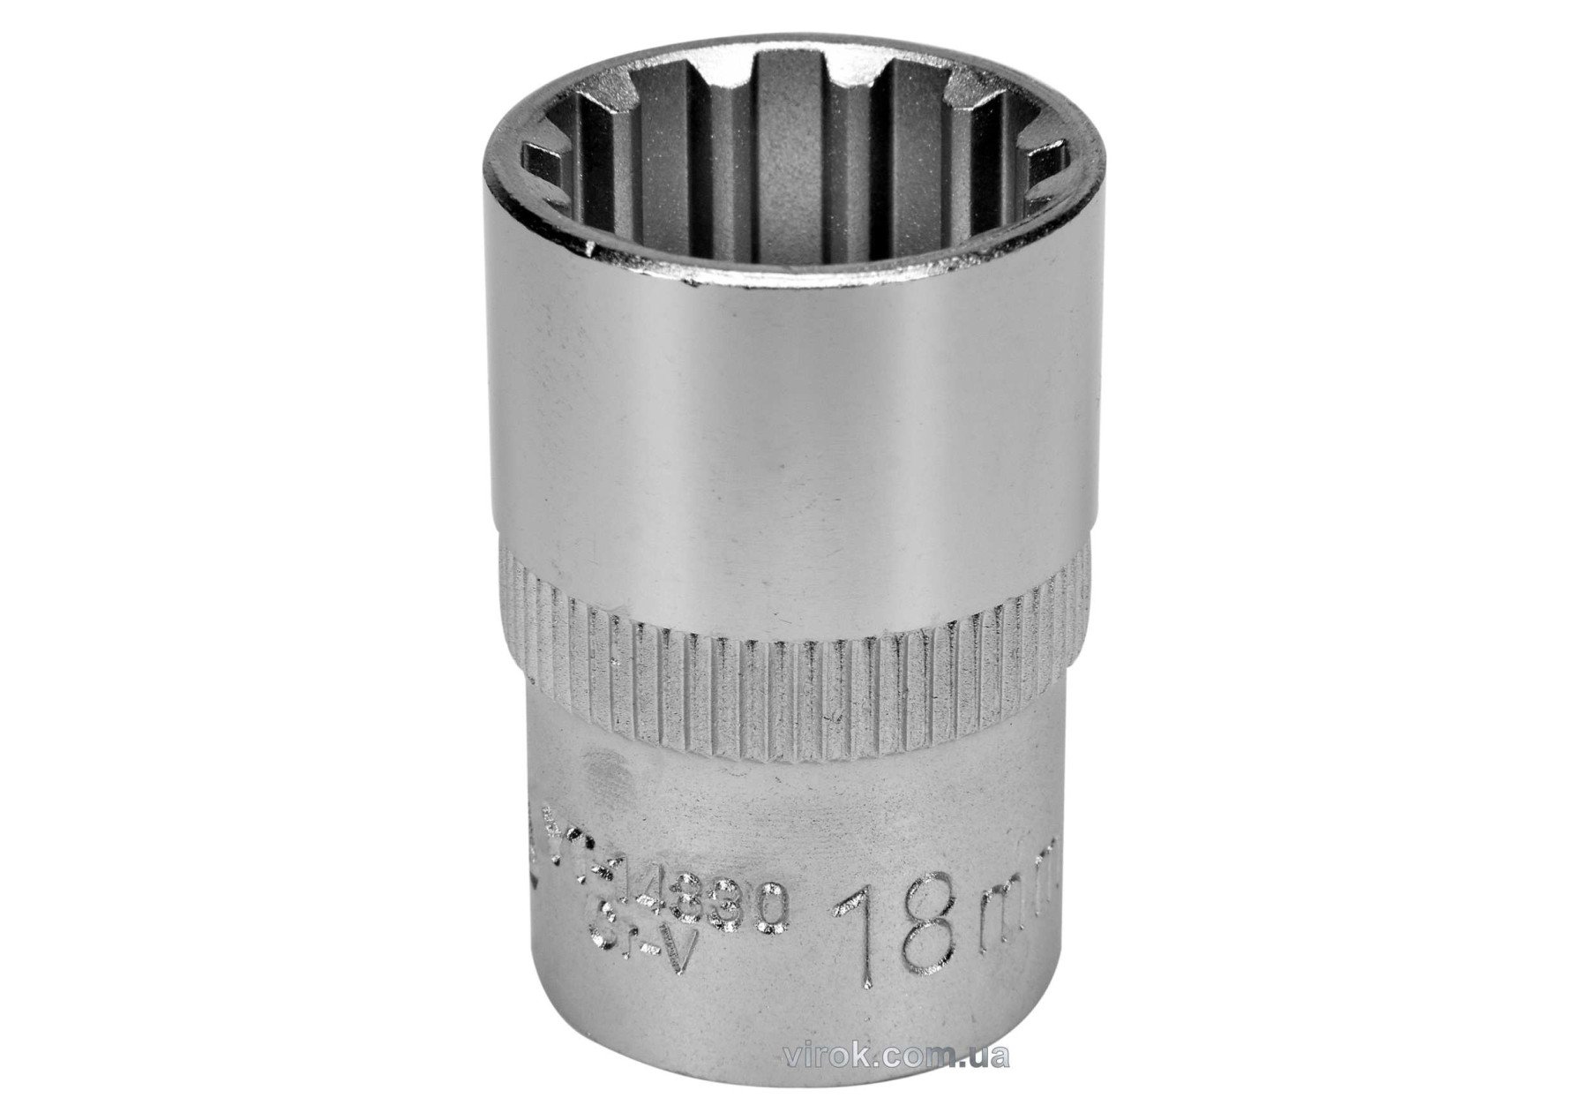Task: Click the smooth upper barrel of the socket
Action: [x=794, y=424]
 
